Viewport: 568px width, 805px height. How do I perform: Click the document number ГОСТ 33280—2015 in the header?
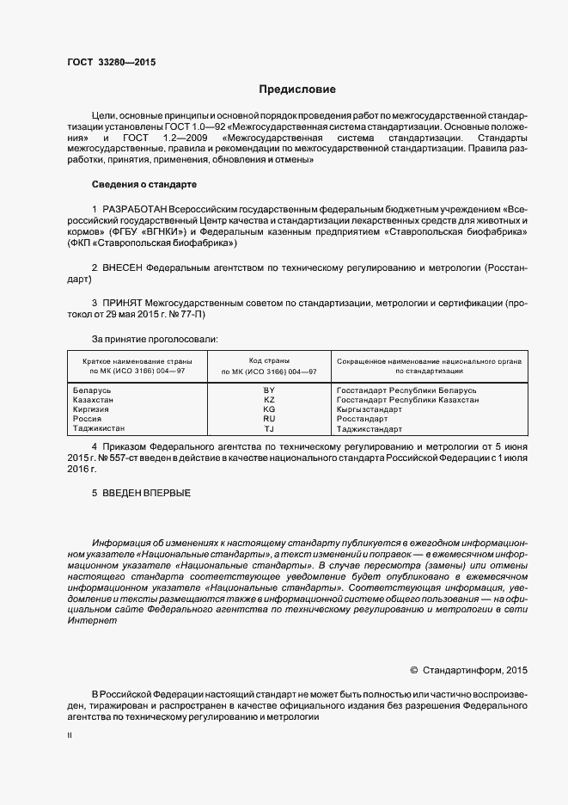click(x=111, y=61)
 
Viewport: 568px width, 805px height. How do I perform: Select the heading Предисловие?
click(x=297, y=89)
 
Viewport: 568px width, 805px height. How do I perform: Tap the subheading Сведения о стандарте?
click(x=144, y=185)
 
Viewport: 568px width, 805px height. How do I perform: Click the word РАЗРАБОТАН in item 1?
click(x=134, y=209)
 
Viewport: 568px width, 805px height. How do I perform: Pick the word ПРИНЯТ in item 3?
click(x=122, y=304)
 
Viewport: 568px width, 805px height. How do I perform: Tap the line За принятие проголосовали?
click(x=155, y=340)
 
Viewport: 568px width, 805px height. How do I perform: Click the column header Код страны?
click(x=269, y=360)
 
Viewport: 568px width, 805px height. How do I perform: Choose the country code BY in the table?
click(x=269, y=390)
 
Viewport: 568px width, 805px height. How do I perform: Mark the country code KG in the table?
click(x=269, y=409)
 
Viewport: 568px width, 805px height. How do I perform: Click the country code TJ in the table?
click(x=269, y=428)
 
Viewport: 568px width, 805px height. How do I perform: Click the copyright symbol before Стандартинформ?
click(x=414, y=669)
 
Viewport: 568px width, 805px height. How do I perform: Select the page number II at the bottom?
click(x=70, y=736)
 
